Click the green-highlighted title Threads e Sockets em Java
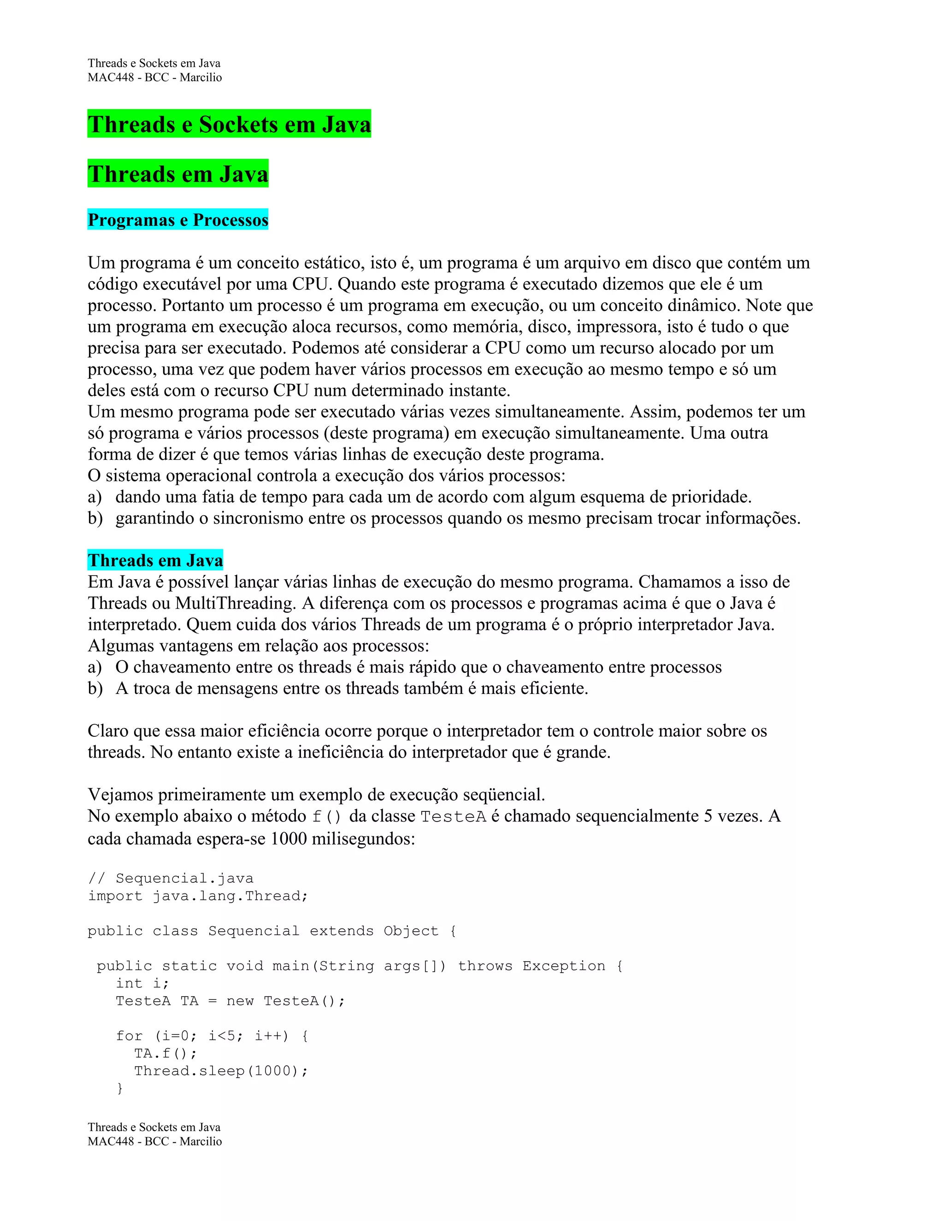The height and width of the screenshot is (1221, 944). [229, 124]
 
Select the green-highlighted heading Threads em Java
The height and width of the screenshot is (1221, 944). [178, 174]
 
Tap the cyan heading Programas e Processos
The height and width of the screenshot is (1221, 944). [178, 220]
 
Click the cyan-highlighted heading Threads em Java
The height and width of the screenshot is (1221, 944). [155, 560]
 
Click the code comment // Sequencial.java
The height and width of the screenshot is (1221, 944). [171, 878]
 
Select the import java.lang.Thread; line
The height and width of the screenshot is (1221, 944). [198, 896]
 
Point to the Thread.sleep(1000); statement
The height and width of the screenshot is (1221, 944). [221, 1071]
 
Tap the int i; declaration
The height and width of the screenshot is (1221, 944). [142, 983]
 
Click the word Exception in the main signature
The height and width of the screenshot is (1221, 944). [564, 965]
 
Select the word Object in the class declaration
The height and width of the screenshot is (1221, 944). [411, 931]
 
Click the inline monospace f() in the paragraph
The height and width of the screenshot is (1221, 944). [326, 817]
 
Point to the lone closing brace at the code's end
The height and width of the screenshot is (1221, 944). [119, 1088]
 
